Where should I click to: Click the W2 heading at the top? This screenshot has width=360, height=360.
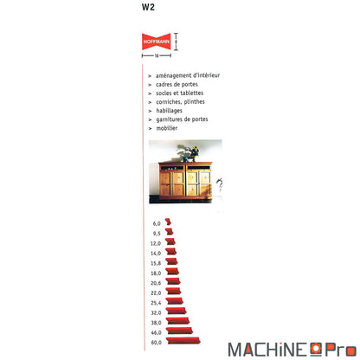click(148, 7)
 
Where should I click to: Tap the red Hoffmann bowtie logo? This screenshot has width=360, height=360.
click(156, 42)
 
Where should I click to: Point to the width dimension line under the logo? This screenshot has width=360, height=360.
click(157, 55)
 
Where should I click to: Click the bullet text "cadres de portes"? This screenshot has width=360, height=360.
click(177, 84)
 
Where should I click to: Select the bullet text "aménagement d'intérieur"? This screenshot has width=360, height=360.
click(188, 75)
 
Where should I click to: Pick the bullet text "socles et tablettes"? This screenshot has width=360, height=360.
click(180, 93)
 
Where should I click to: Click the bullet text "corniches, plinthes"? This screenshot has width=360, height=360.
click(180, 101)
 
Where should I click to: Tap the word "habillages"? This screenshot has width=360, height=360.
click(169, 111)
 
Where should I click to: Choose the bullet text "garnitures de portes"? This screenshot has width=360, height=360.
click(182, 119)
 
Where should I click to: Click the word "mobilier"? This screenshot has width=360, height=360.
click(167, 128)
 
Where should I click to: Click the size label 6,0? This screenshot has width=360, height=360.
click(157, 223)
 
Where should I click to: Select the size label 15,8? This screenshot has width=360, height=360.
click(156, 263)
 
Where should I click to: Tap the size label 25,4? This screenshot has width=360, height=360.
click(156, 303)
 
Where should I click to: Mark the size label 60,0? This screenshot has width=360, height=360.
click(156, 343)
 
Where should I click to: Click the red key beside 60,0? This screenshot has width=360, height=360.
click(183, 341)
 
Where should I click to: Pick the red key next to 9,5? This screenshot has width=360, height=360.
click(170, 231)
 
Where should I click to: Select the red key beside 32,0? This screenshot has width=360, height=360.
click(177, 311)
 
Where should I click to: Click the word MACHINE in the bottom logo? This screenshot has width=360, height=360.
click(267, 350)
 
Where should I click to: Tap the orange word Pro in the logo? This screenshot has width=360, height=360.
click(341, 350)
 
